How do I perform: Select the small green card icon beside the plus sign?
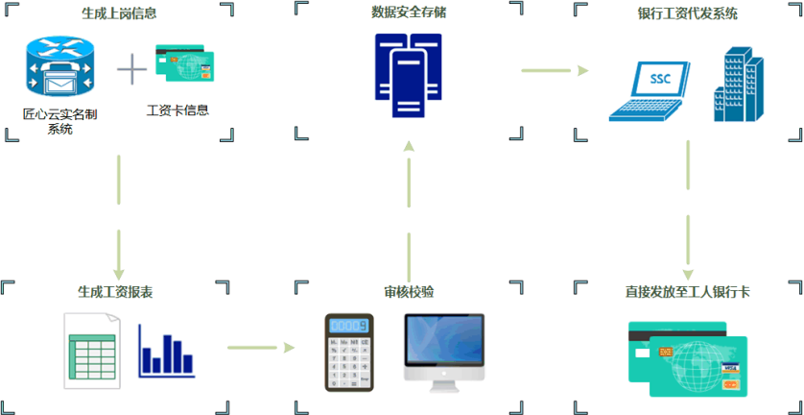click(184, 65)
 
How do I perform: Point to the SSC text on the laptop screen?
click(660, 79)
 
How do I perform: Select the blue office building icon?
click(740, 86)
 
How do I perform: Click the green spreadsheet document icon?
click(92, 351)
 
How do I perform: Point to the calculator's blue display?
click(350, 326)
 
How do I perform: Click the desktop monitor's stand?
click(443, 382)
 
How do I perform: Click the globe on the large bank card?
click(696, 366)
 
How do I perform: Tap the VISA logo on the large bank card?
click(731, 368)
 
